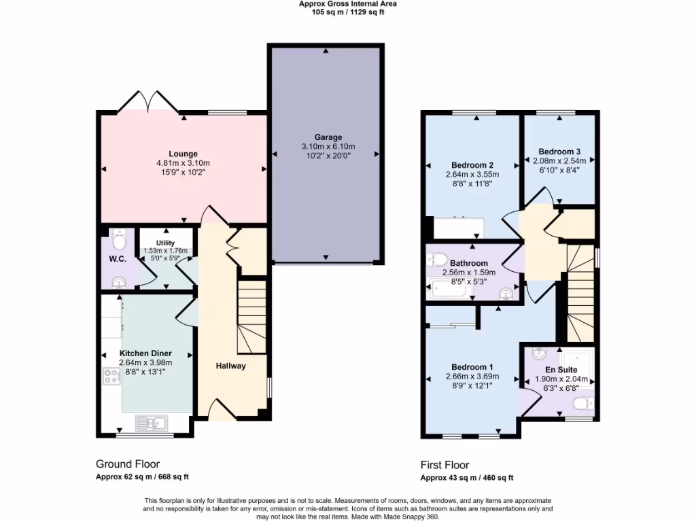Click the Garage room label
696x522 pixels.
pyautogui.click(x=328, y=137)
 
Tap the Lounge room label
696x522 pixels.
pyautogui.click(x=183, y=154)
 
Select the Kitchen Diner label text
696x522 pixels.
pyautogui.click(x=145, y=353)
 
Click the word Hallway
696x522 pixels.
pyautogui.click(x=231, y=366)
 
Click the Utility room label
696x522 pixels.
pyautogui.click(x=165, y=243)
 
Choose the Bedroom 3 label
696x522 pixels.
pyautogui.click(x=559, y=152)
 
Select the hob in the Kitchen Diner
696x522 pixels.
pyautogui.click(x=111, y=377)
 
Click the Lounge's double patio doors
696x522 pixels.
pyautogui.click(x=148, y=102)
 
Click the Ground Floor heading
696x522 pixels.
pyautogui.click(x=128, y=464)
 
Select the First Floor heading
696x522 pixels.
pyautogui.click(x=445, y=466)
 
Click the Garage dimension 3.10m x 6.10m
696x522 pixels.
pyautogui.click(x=328, y=147)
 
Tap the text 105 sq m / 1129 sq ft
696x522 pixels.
pyautogui.click(x=348, y=12)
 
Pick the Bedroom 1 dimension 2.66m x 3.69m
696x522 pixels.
pyautogui.click(x=472, y=377)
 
